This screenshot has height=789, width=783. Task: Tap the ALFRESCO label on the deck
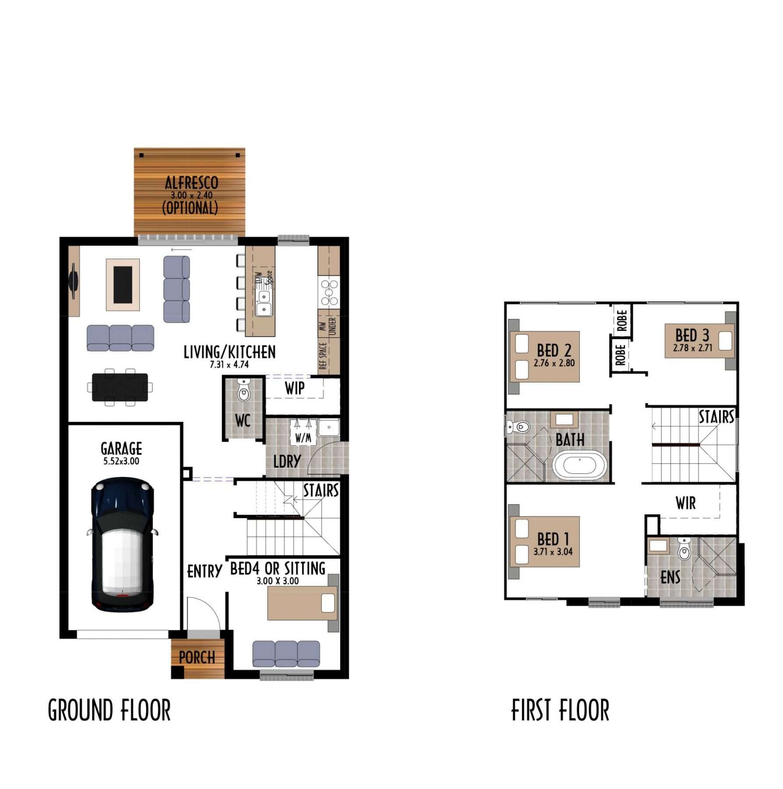click(x=192, y=183)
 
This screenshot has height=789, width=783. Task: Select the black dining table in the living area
click(x=120, y=387)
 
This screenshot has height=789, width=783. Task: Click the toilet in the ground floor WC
click(x=243, y=391)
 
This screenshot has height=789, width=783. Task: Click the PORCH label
click(x=197, y=657)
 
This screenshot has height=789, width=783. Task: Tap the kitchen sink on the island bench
click(x=264, y=303)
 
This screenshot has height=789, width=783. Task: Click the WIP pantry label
click(x=295, y=388)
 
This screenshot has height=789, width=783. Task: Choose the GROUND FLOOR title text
click(x=109, y=711)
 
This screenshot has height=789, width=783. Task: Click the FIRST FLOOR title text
click(x=560, y=711)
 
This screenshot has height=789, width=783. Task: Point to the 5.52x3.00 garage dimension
click(x=121, y=461)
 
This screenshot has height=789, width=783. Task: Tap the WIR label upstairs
click(x=686, y=503)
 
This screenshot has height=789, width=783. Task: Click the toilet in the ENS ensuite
click(x=684, y=548)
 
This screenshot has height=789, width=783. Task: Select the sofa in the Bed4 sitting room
click(x=286, y=654)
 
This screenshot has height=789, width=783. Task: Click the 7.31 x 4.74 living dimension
click(x=229, y=365)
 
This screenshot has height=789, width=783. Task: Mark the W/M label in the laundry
click(x=303, y=437)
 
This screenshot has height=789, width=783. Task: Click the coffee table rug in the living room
click(x=123, y=285)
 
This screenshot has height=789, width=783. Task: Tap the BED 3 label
click(x=692, y=336)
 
